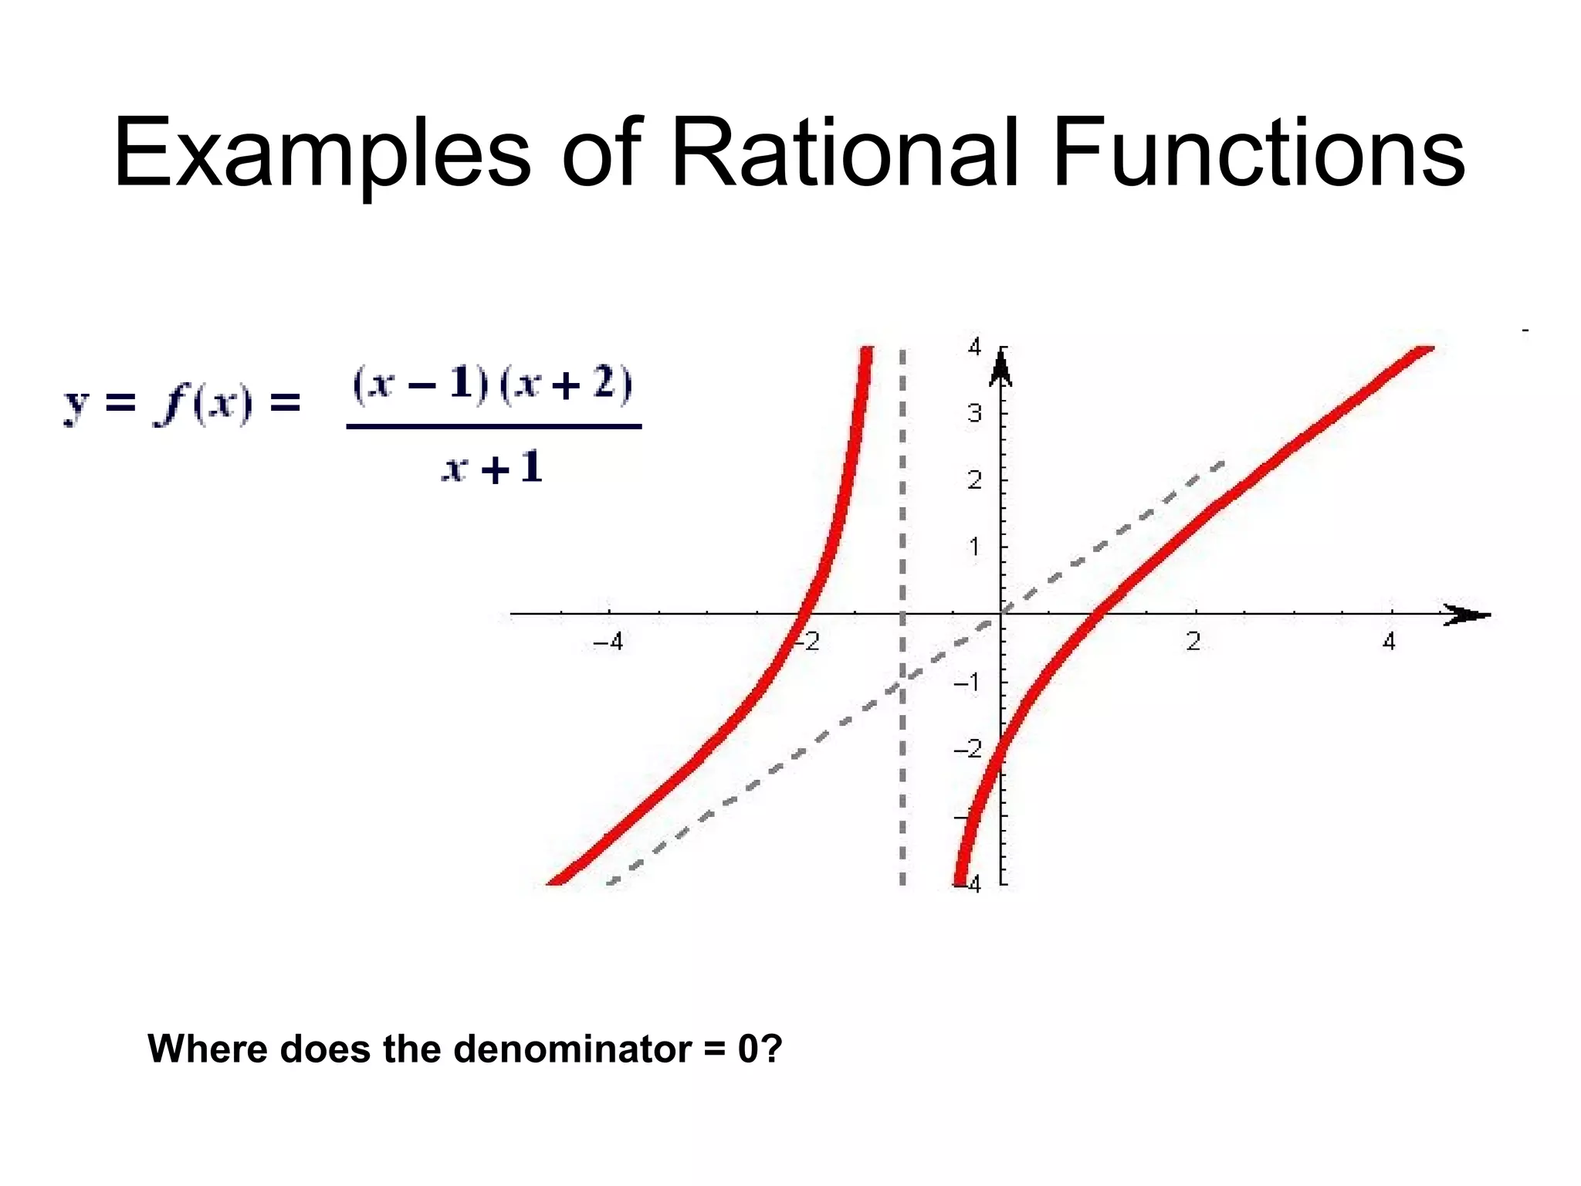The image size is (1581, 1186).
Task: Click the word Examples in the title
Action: [x=322, y=153]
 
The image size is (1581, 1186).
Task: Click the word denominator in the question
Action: [x=572, y=1049]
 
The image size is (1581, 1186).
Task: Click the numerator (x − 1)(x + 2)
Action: [x=492, y=384]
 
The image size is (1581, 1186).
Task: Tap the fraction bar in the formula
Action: [x=493, y=426]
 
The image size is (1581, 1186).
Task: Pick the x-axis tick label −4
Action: [x=608, y=642]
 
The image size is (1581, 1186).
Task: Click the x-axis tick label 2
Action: [x=1193, y=642]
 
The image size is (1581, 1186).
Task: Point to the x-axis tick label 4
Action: [x=1389, y=642]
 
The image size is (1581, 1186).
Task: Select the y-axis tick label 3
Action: [x=974, y=414]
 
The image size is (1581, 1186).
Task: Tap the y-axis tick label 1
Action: [x=974, y=547]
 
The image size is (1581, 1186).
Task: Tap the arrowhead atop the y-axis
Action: [x=1001, y=367]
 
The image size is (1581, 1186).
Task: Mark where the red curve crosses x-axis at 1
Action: [x=1099, y=615]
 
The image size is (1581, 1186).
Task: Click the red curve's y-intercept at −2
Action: [x=1000, y=747]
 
